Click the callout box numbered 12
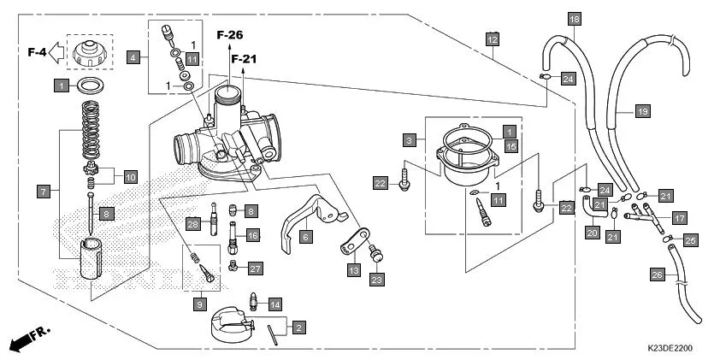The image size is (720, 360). [492, 39]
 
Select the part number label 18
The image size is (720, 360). [574, 18]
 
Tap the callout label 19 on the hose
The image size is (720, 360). [643, 110]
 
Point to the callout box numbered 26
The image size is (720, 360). [657, 274]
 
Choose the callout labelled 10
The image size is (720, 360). [130, 178]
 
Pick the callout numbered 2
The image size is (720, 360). [298, 327]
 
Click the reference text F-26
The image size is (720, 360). [229, 35]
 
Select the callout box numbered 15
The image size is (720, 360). [510, 146]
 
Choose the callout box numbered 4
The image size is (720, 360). [133, 58]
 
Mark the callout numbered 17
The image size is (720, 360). [679, 217]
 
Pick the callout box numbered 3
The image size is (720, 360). [410, 139]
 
